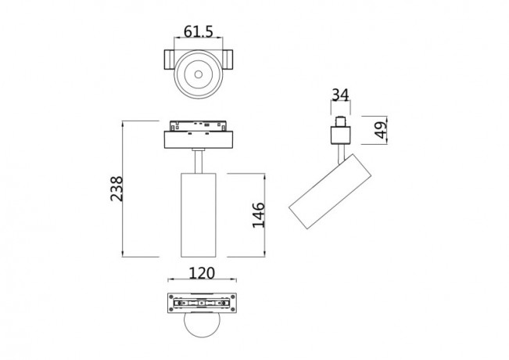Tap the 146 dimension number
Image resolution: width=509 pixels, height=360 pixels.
[259, 214]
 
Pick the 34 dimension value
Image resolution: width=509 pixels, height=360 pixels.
[340, 95]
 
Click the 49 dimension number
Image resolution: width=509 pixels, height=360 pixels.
[382, 130]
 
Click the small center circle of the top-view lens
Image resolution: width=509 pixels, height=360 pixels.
[199, 77]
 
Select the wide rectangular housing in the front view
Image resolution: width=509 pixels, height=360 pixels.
[199, 139]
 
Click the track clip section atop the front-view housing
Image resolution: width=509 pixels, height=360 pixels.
[199, 125]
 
